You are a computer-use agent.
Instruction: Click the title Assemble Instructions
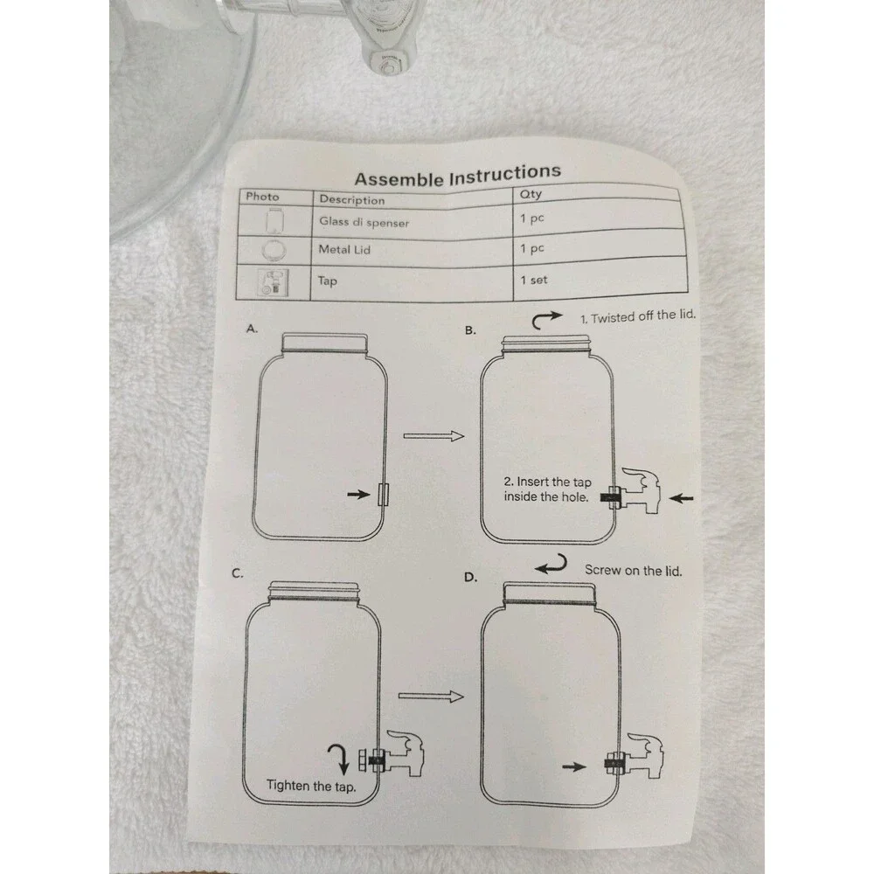458,175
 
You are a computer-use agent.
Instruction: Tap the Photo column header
262,196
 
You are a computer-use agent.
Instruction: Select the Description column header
351,199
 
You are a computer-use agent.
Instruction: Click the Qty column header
531,194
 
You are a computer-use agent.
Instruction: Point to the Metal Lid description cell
343,249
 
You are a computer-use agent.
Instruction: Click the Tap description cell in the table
327,281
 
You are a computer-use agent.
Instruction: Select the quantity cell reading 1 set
534,280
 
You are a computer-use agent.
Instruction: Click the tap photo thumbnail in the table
273,282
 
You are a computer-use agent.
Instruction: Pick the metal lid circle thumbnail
274,249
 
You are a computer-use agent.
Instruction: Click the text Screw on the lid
633,570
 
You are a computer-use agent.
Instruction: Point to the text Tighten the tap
311,786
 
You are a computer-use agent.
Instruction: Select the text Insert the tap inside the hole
547,489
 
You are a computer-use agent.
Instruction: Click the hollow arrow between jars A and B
434,435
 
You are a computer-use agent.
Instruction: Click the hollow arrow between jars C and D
431,696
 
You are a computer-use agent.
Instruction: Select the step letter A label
252,329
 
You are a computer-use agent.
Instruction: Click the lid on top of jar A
324,343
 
